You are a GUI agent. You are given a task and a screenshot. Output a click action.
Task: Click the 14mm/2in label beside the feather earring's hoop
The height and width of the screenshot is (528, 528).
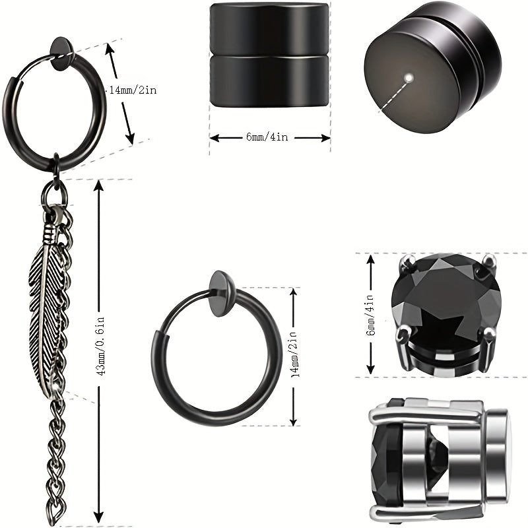click(133, 90)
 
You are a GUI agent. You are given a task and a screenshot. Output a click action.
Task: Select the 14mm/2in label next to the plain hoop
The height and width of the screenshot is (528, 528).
click(293, 354)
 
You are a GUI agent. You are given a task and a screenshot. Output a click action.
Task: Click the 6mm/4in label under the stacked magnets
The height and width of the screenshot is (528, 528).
click(267, 137)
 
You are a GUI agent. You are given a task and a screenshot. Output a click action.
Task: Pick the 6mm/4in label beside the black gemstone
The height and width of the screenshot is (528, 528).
click(370, 315)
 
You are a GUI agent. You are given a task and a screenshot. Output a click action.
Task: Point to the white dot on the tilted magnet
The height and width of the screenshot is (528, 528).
click(409, 78)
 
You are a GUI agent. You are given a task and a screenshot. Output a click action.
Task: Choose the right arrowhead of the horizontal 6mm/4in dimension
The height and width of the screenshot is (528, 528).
click(325, 138)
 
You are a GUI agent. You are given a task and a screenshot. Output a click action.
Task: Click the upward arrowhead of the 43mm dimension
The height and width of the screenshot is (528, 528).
click(98, 186)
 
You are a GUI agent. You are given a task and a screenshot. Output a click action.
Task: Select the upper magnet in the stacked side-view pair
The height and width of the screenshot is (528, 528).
click(269, 28)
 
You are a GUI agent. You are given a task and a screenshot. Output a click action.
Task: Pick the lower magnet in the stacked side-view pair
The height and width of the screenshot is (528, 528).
click(269, 81)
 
